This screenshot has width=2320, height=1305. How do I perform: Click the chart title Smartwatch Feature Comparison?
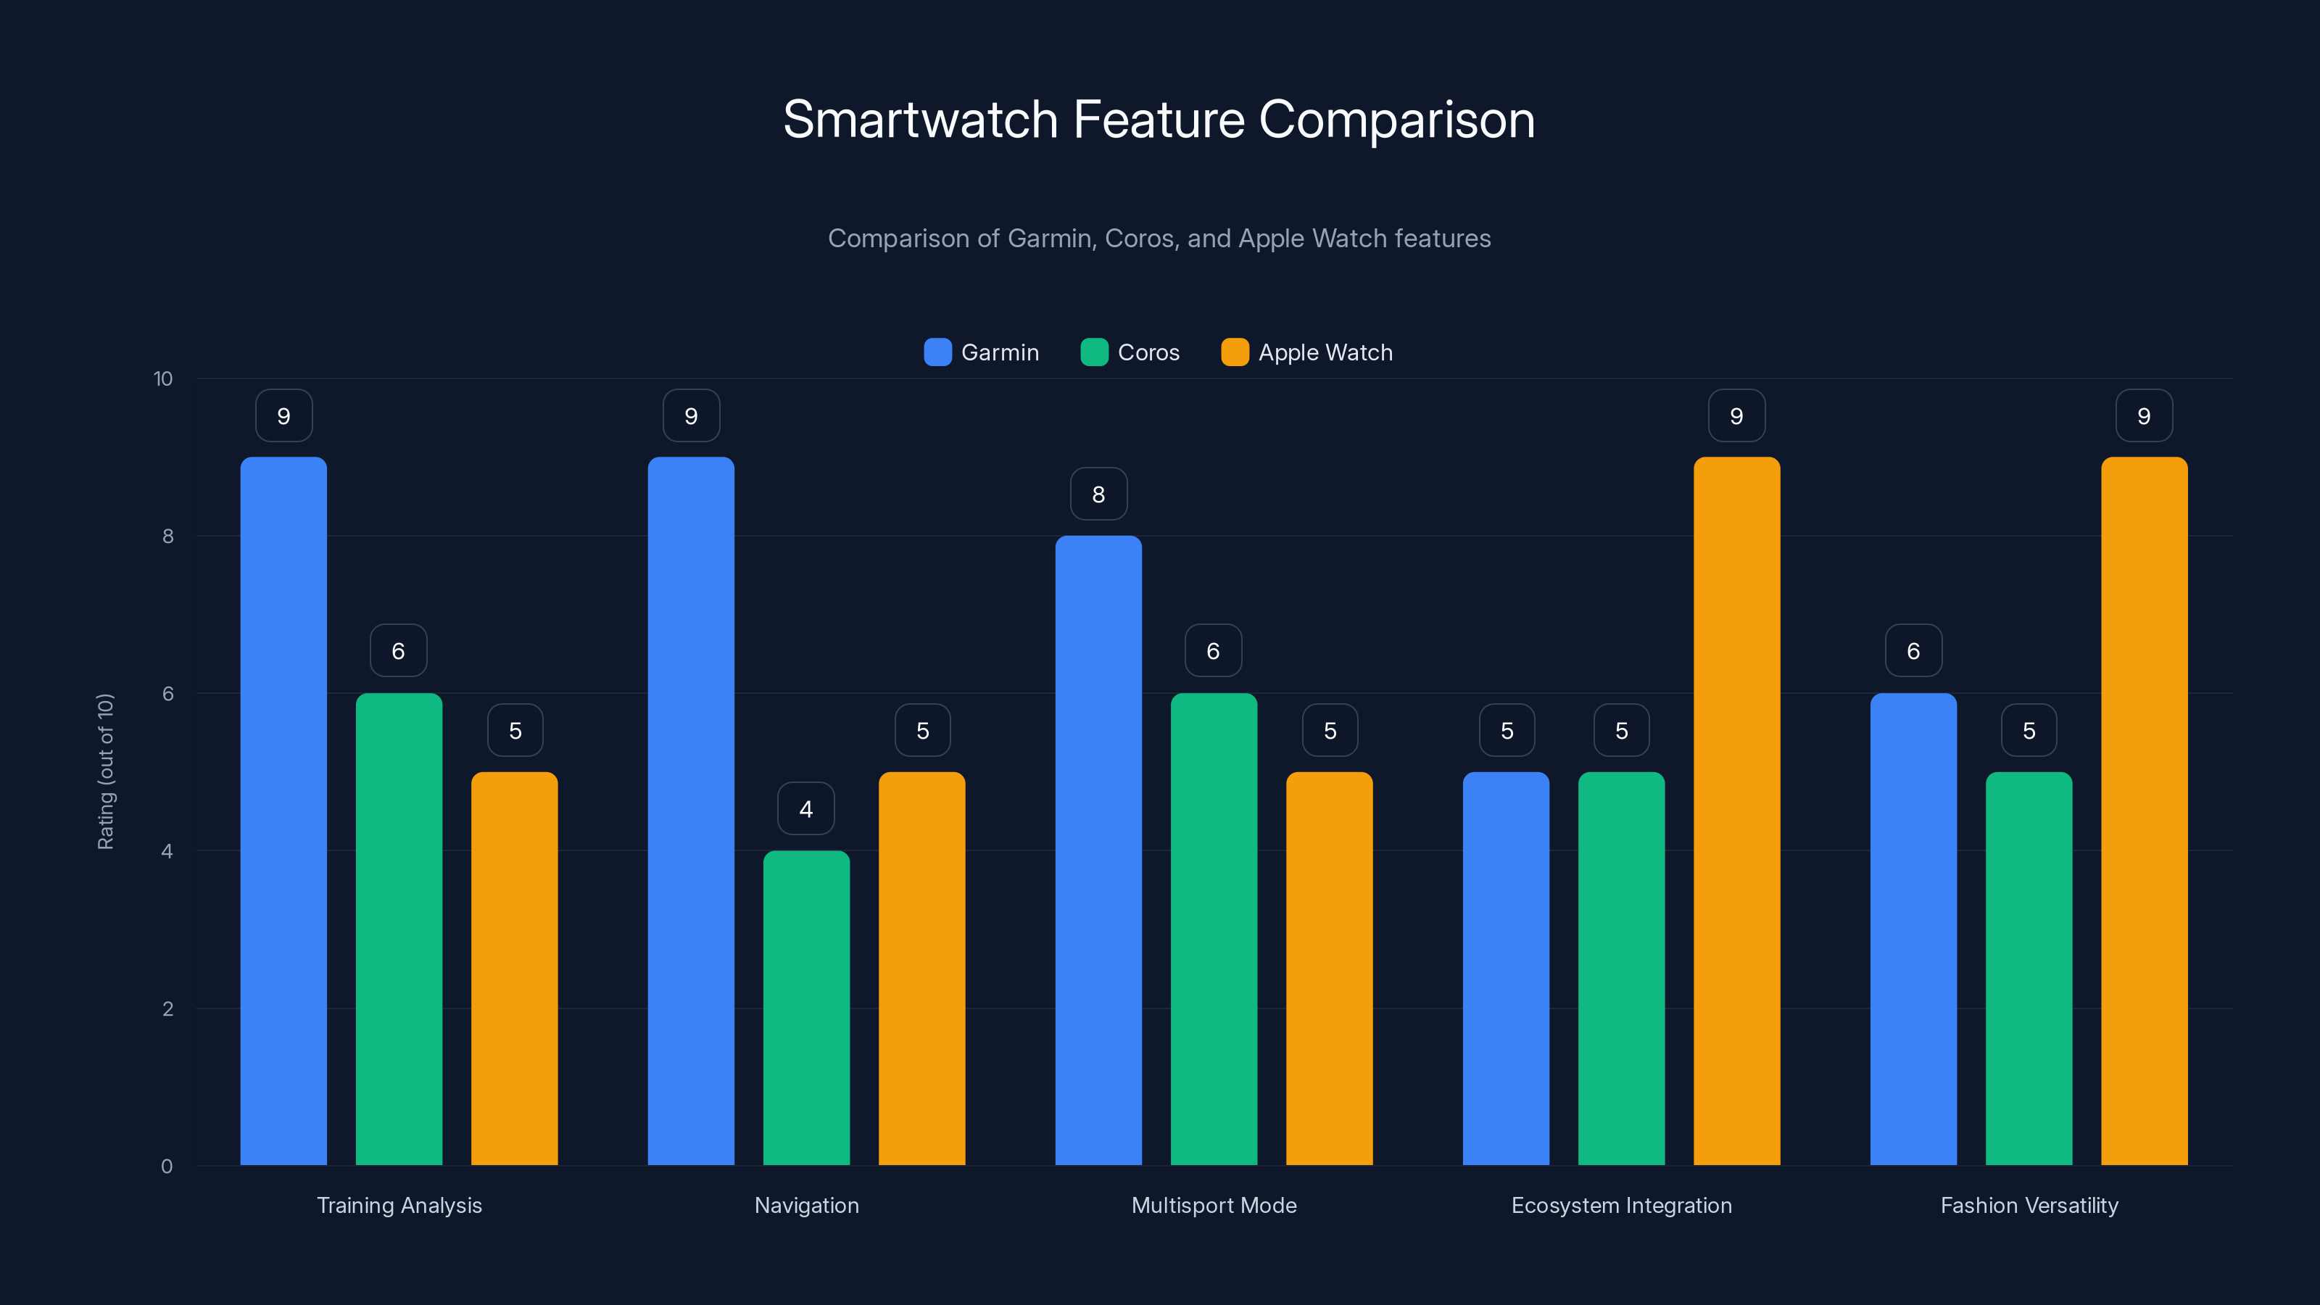1159,120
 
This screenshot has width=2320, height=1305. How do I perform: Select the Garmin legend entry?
982,352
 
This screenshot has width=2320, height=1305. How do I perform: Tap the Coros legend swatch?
1093,352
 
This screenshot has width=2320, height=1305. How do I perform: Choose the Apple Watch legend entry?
1306,352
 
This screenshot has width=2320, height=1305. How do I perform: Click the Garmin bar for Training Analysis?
283,811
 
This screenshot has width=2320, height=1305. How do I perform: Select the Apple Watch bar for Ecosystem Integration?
1736,811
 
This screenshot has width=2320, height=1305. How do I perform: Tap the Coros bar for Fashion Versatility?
2029,968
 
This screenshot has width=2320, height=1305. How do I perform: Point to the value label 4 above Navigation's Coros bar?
806,809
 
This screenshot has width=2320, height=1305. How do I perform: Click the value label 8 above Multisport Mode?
1098,494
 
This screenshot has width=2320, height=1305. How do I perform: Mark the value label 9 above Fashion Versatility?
2144,415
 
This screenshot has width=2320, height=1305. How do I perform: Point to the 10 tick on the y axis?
163,378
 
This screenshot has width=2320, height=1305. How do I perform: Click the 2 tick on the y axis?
167,1008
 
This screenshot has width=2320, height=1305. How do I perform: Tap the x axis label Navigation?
806,1205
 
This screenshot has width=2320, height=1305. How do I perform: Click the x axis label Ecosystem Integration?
1621,1205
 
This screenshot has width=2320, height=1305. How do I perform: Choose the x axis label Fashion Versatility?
2029,1205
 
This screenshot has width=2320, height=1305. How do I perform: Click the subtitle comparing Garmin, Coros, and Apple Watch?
1159,238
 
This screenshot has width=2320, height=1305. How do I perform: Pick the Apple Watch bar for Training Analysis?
514,968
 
